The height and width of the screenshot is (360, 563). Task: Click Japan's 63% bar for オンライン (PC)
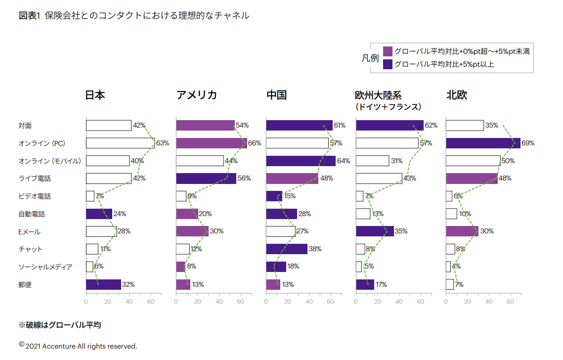pos(120,143)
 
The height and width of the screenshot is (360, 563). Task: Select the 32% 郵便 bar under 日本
pos(103,284)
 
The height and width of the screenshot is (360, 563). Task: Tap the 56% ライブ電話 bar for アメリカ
pos(206,179)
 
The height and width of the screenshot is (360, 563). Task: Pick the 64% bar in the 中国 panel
pos(301,161)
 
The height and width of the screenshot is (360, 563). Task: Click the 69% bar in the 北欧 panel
pos(483,143)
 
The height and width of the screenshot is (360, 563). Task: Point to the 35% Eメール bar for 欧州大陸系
pos(375,231)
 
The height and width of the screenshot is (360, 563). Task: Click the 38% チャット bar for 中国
pos(287,249)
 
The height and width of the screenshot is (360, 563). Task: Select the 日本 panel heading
pos(95,95)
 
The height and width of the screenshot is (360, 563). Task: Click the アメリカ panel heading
pos(196,95)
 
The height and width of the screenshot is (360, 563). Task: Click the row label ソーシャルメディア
pos(45,267)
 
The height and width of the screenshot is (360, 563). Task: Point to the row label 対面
pos(25,126)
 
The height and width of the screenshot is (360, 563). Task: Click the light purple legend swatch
pos(388,51)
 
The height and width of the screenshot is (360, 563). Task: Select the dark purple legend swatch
pos(388,64)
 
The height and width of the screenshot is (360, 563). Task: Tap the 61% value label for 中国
pos(340,126)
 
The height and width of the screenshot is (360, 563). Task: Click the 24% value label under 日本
pos(120,214)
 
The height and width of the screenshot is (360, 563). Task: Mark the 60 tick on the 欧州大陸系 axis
pos(421,301)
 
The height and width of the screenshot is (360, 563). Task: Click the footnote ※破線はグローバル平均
pos(60,325)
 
